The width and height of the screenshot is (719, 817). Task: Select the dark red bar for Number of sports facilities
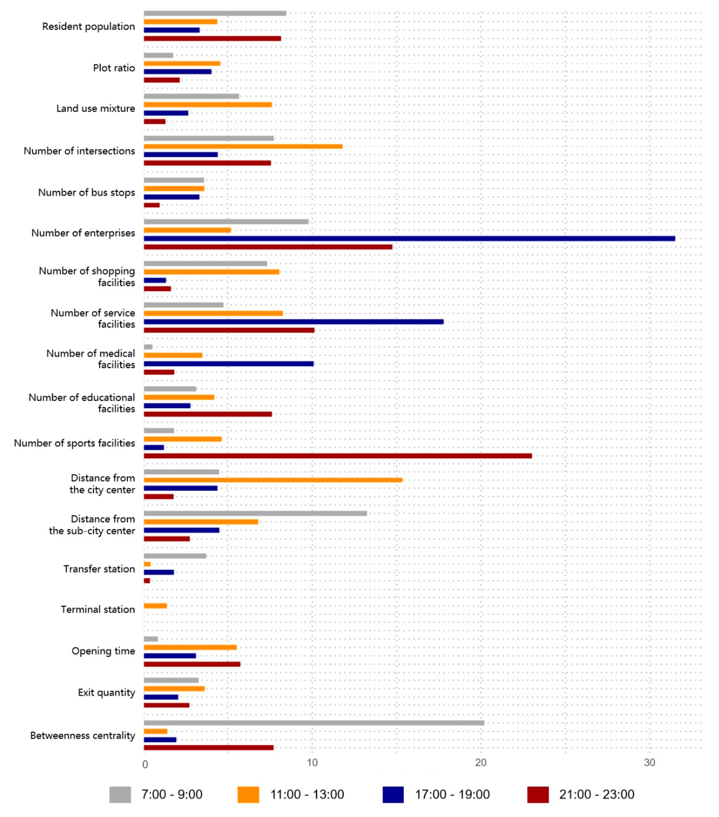coord(338,456)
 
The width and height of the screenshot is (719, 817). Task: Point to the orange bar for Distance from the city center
coord(273,480)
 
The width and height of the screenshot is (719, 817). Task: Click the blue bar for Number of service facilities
coord(293,322)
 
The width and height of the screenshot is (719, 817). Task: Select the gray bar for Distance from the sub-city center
coord(255,514)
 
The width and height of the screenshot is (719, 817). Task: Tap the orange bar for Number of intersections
coord(243,146)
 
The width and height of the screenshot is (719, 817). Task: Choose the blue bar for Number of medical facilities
coord(229,364)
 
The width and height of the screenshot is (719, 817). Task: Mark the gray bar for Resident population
coord(215,13)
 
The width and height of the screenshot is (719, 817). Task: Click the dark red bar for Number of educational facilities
coord(208,414)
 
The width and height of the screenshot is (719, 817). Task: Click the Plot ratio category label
coord(114,68)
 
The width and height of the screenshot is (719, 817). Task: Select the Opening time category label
coord(103,651)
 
